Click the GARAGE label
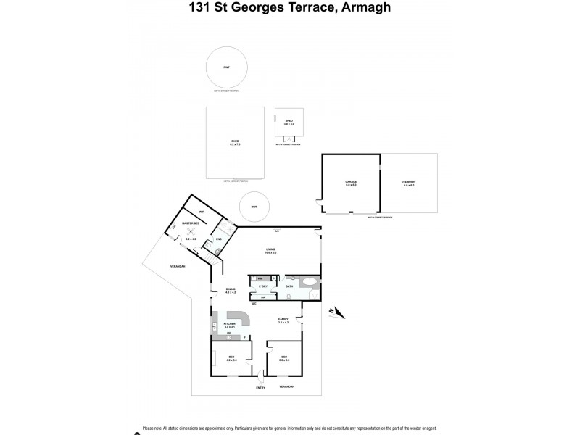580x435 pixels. tap(351, 183)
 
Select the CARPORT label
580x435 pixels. tap(409, 183)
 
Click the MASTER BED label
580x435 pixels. tap(191, 223)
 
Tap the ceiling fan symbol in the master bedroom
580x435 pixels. tap(191, 231)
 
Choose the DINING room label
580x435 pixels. tap(231, 290)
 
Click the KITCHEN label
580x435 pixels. tap(231, 324)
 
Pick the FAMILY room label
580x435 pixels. tap(283, 320)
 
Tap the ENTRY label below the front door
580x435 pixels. tap(260, 388)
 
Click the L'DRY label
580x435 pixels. tap(264, 287)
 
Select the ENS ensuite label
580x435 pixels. tap(218, 239)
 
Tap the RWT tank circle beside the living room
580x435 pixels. tap(254, 206)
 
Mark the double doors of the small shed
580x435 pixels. tap(289, 138)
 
